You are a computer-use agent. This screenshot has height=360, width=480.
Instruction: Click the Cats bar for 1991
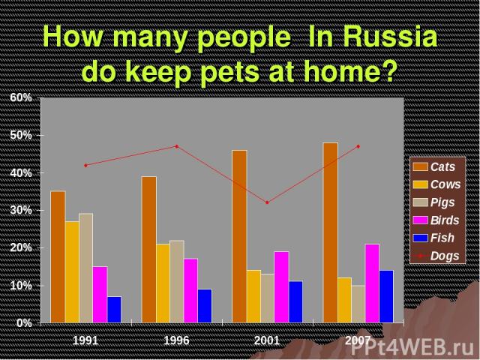pyautogui.click(x=58, y=256)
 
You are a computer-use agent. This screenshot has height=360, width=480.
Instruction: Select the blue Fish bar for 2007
pyautogui.click(x=386, y=296)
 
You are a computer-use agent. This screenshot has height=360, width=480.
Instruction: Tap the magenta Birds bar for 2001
pyautogui.click(x=281, y=287)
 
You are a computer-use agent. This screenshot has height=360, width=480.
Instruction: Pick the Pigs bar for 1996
pyautogui.click(x=177, y=282)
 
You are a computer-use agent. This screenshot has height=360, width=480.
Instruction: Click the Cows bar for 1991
pyautogui.click(x=72, y=271)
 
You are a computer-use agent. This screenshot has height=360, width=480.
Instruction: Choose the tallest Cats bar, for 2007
pyautogui.click(x=331, y=232)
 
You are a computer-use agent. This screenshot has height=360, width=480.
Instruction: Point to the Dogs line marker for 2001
pyautogui.click(x=267, y=202)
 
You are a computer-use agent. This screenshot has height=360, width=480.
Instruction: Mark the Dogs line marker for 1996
pyautogui.click(x=177, y=146)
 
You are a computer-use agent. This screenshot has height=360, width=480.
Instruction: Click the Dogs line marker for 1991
pyautogui.click(x=85, y=165)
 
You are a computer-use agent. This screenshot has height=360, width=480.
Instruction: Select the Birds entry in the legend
pyautogui.click(x=436, y=220)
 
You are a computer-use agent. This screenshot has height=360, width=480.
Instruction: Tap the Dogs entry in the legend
pyautogui.click(x=436, y=256)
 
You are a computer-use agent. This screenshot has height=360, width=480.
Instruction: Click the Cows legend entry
pyautogui.click(x=436, y=184)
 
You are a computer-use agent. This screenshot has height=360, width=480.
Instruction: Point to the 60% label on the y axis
pyautogui.click(x=21, y=97)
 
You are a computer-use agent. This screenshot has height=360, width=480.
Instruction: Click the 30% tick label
pyautogui.click(x=21, y=210)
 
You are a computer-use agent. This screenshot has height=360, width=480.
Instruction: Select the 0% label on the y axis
pyautogui.click(x=24, y=323)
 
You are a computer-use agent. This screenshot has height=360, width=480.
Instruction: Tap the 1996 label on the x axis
pyautogui.click(x=177, y=340)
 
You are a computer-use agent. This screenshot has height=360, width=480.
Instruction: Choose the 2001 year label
pyautogui.click(x=267, y=340)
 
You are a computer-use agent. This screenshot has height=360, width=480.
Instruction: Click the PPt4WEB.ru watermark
pyautogui.click(x=414, y=348)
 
